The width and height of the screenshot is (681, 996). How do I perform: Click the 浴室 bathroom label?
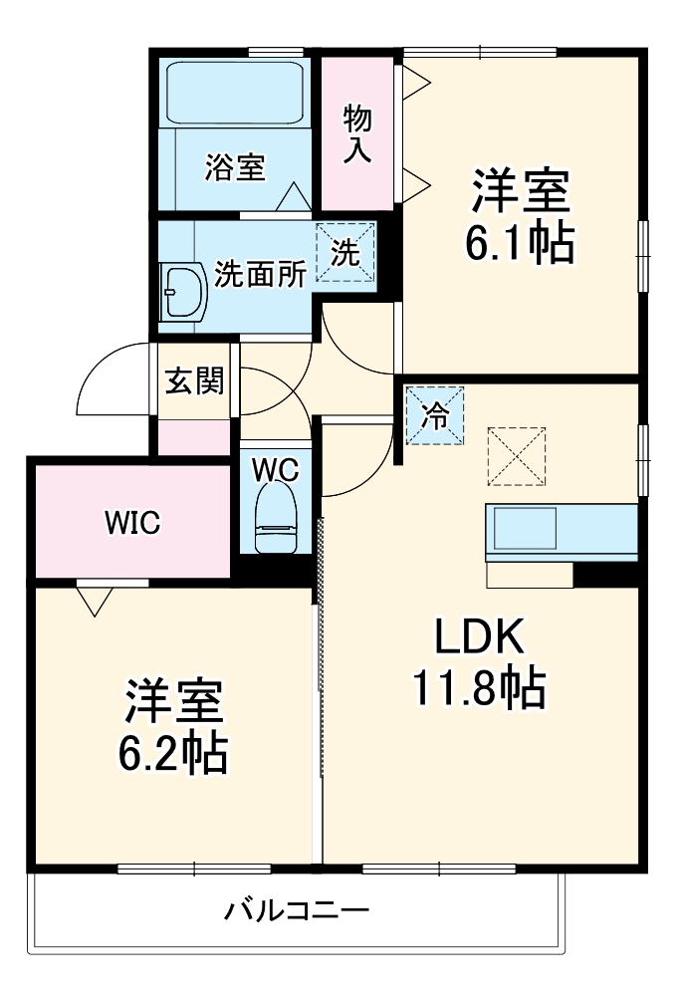pyautogui.click(x=235, y=168)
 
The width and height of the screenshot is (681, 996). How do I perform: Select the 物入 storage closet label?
pyautogui.click(x=358, y=134)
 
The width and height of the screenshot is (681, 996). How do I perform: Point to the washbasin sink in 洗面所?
pyautogui.click(x=182, y=291)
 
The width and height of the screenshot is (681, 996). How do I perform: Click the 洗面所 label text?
pyautogui.click(x=261, y=274)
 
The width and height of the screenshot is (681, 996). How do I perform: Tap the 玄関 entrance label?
pyautogui.click(x=194, y=379)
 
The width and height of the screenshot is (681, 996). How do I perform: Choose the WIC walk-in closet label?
pyautogui.click(x=134, y=522)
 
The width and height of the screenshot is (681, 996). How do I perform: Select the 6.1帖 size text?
pyautogui.click(x=521, y=242)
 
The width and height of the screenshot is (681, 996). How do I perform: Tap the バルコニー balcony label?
pyautogui.click(x=297, y=909)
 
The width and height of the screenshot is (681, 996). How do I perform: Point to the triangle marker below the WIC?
pyautogui.click(x=93, y=600)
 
